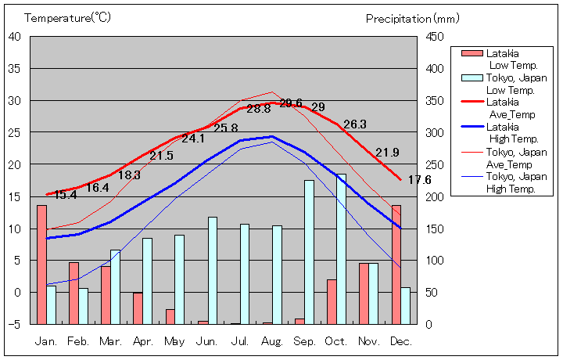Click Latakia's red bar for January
(41, 265)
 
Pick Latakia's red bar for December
(396, 265)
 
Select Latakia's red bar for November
(364, 293)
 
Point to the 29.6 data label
(291, 103)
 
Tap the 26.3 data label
(354, 124)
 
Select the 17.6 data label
(419, 180)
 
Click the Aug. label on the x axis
(272, 341)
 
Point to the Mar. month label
(110, 341)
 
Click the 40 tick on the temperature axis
(16, 36)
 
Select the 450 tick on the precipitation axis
(436, 36)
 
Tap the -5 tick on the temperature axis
(16, 324)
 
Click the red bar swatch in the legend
(472, 53)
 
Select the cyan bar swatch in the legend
(472, 77)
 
